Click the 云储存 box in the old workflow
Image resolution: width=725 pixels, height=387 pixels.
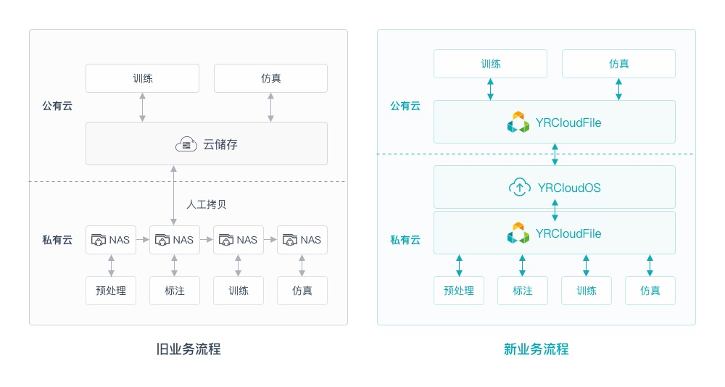pyautogui.click(x=207, y=143)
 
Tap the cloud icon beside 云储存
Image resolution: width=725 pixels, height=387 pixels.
pyautogui.click(x=186, y=144)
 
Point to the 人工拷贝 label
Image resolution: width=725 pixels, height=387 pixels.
pyautogui.click(x=207, y=204)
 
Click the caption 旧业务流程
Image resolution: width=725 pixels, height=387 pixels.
pyautogui.click(x=188, y=349)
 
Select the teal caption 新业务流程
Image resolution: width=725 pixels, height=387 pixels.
pyautogui.click(x=536, y=349)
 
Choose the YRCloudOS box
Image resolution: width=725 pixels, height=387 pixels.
pyautogui.click(x=555, y=188)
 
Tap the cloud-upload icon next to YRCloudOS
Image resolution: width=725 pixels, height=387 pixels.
pyautogui.click(x=519, y=188)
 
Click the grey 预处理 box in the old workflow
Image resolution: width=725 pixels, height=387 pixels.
pyautogui.click(x=111, y=291)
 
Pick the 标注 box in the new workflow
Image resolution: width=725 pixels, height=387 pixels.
pyautogui.click(x=523, y=291)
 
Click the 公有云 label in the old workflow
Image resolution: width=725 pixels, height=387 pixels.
pyautogui.click(x=57, y=106)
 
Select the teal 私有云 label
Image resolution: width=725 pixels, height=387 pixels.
pyautogui.click(x=405, y=240)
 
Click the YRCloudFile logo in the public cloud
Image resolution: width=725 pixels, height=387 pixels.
pyautogui.click(x=518, y=122)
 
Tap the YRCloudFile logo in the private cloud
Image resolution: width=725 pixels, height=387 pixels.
pyautogui.click(x=518, y=233)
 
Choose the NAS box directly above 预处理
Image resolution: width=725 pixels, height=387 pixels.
pyautogui.click(x=111, y=240)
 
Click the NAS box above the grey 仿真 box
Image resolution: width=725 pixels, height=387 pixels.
pyautogui.click(x=302, y=240)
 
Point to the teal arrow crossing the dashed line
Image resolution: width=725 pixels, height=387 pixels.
pyautogui.click(x=555, y=154)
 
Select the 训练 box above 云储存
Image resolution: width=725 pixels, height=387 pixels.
pyautogui.click(x=143, y=78)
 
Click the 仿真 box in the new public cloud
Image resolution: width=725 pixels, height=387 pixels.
pyautogui.click(x=618, y=64)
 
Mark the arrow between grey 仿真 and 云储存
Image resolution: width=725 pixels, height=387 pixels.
pyautogui.click(x=271, y=107)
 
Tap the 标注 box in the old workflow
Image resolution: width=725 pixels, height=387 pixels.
pyautogui.click(x=175, y=291)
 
